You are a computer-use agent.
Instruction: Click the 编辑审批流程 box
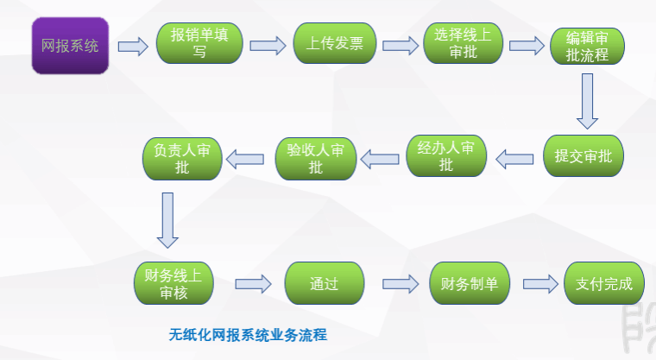588,46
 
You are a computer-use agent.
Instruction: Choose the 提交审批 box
583,157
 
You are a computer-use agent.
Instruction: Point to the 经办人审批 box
446,157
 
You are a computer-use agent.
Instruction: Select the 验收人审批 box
315,157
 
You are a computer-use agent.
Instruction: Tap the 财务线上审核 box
173,283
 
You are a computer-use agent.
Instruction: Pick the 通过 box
324,283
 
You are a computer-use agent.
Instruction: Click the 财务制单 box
469,283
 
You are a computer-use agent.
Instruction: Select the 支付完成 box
604,283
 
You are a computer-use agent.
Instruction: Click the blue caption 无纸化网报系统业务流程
249,333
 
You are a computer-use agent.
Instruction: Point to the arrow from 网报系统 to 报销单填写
132,46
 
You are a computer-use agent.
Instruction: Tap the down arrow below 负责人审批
167,218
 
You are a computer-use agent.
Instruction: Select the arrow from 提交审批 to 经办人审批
515,157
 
